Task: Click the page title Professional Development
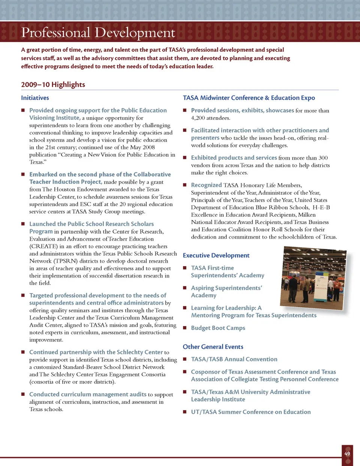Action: click(98, 33)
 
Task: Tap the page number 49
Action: click(347, 454)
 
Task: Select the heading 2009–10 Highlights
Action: click(53, 85)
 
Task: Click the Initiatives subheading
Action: click(35, 98)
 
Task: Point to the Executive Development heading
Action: click(216, 255)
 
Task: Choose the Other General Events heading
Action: click(213, 347)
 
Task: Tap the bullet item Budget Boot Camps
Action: click(218, 328)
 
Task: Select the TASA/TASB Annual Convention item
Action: click(234, 359)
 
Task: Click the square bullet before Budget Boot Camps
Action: click(185, 328)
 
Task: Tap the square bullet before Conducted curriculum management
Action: click(23, 394)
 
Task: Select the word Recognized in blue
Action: click(206, 185)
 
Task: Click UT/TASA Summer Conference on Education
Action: click(250, 412)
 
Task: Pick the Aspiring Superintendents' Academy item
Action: click(226, 292)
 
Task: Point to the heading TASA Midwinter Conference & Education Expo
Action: click(249, 98)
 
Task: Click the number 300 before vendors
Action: click(323, 158)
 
